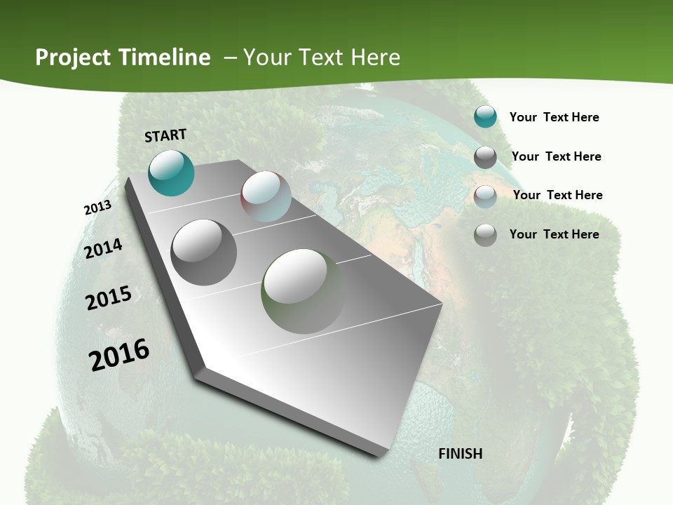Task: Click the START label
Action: [165, 135]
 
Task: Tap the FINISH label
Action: [460, 454]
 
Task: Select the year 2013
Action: [97, 208]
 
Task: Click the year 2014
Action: [103, 248]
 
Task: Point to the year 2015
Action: [109, 298]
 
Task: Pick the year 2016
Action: [119, 355]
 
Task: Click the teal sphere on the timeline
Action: [171, 173]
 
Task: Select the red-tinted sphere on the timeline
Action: [266, 196]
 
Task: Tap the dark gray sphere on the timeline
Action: [203, 252]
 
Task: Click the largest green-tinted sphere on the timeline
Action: [304, 290]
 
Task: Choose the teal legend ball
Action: [485, 117]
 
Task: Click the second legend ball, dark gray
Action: [485, 157]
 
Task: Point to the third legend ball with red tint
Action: [485, 196]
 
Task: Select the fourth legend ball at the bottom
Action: [485, 235]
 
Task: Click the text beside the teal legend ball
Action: [554, 117]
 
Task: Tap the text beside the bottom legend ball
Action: [554, 234]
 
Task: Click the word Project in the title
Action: [73, 58]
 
